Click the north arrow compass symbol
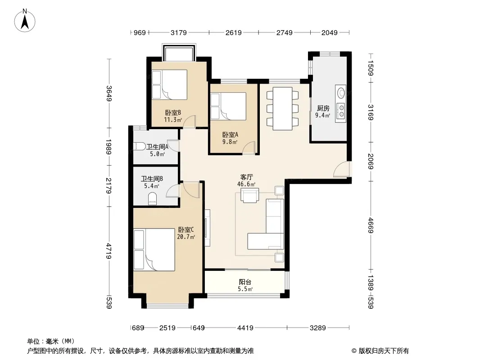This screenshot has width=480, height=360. coord(25,21)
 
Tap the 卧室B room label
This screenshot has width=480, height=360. coord(173,112)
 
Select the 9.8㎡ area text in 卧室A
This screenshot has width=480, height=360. coord(230,142)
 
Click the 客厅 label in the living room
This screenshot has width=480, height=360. coord(246,177)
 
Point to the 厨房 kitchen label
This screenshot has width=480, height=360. coord(323,108)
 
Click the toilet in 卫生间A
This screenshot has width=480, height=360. coord(139,147)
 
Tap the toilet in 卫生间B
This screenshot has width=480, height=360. coord(152,198)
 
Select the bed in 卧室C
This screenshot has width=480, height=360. coord(154,250)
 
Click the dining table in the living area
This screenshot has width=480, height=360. coord(282,108)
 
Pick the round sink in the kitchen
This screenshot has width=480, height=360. coord(341,92)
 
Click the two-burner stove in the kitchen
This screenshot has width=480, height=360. coord(341,111)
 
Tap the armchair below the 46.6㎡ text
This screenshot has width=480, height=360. coord(250,195)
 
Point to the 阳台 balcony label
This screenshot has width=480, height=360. coord(245,282)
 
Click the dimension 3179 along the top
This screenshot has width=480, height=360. coord(179,32)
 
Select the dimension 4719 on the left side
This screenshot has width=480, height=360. coord(109,251)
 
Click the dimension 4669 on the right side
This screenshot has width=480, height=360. coord(371,225)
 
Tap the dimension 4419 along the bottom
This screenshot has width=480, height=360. coord(245,328)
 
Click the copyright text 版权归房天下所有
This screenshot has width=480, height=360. coord(383,351)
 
